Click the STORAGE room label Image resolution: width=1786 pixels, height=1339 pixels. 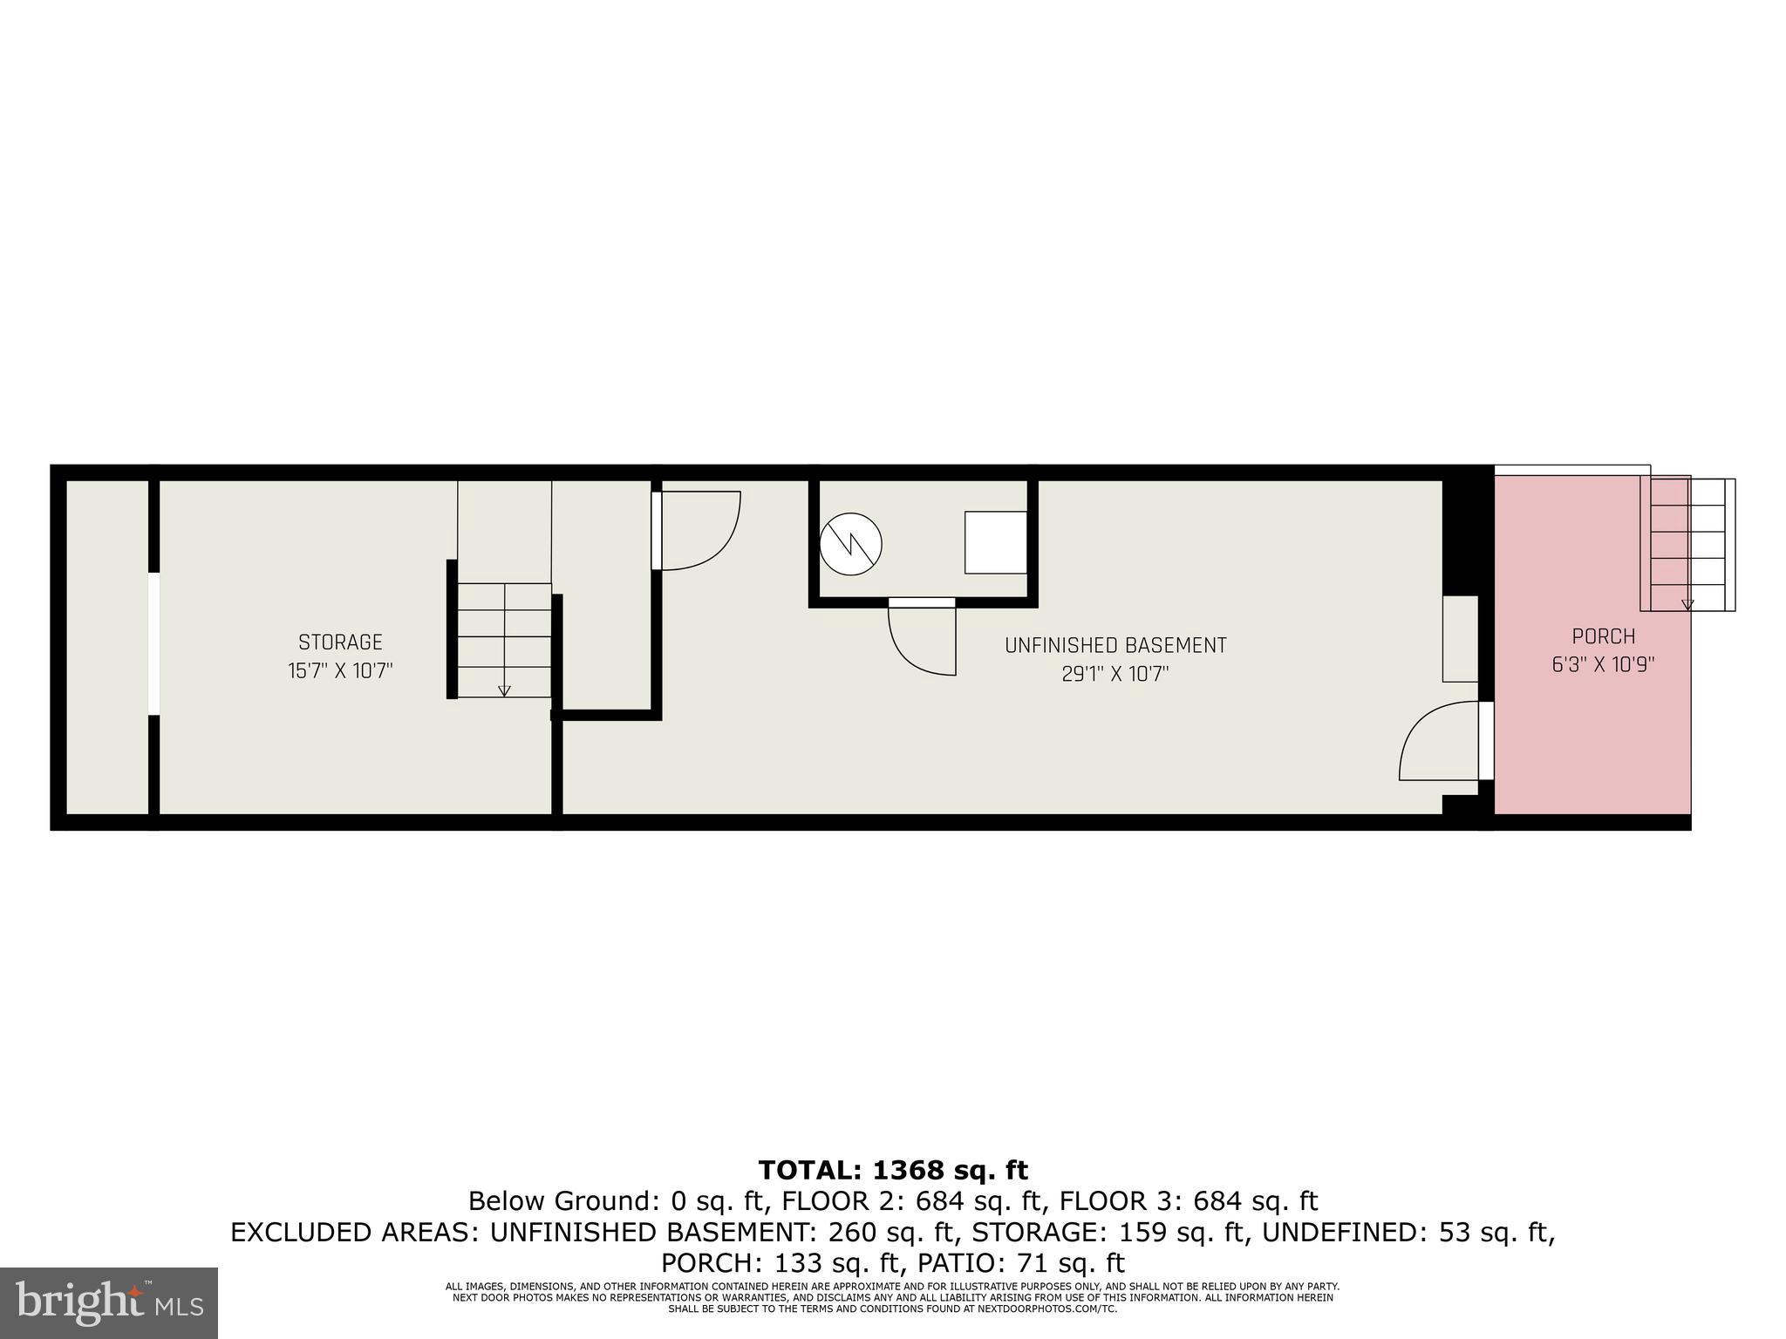pyautogui.click(x=340, y=642)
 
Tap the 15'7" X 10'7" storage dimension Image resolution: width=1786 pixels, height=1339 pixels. pyautogui.click(x=340, y=671)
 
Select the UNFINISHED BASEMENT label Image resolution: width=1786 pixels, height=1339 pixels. pyautogui.click(x=1115, y=646)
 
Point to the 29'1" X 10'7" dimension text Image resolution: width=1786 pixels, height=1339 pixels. pyautogui.click(x=1115, y=674)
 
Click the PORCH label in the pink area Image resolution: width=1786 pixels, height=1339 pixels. pyautogui.click(x=1603, y=636)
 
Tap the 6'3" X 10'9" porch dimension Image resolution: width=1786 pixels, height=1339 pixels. pyautogui.click(x=1603, y=664)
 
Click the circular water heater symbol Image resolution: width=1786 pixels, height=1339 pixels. pyautogui.click(x=851, y=544)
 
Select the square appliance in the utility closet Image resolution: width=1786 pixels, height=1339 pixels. pyautogui.click(x=995, y=542)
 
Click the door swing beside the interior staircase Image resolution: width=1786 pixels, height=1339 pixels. pyautogui.click(x=698, y=531)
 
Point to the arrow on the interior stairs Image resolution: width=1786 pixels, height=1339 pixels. pyautogui.click(x=504, y=690)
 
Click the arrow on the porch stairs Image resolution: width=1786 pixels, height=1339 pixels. pyautogui.click(x=1687, y=603)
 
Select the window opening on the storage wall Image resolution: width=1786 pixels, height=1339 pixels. pyautogui.click(x=153, y=643)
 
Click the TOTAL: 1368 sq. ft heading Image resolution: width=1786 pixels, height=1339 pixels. pyautogui.click(x=893, y=1170)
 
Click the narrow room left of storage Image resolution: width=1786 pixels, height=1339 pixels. pyautogui.click(x=107, y=647)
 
